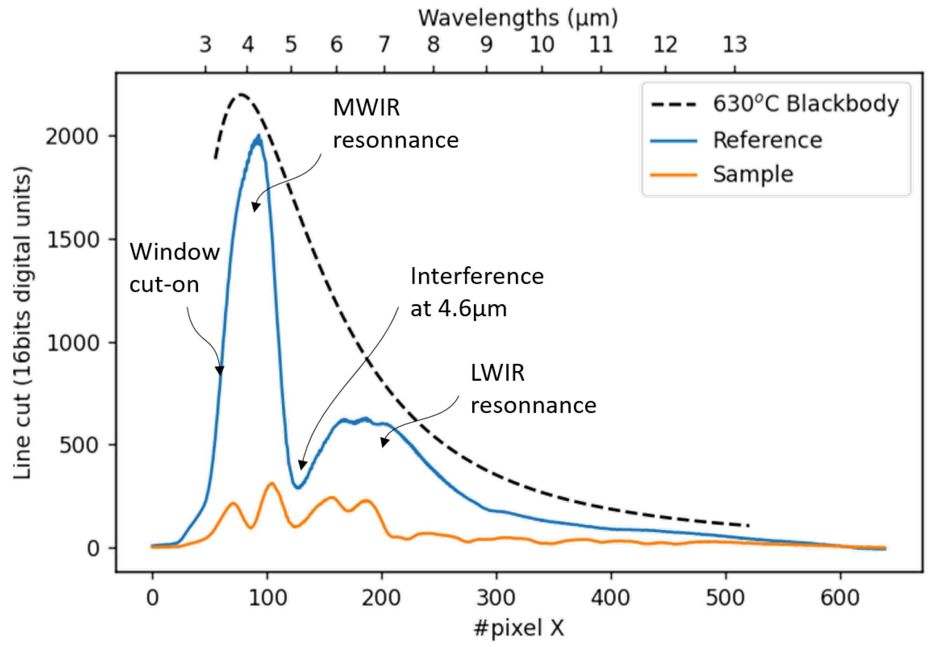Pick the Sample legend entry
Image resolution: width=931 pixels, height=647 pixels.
coord(753,175)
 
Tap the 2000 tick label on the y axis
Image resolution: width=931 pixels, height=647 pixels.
coord(72,137)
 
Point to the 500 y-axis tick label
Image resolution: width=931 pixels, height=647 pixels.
coord(79,446)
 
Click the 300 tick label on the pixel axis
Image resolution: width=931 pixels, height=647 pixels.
coord(496,598)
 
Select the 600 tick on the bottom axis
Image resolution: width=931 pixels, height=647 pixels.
coord(840,598)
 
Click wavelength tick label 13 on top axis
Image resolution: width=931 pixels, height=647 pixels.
coord(734,44)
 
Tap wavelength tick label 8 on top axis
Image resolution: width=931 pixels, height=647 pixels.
coord(433,44)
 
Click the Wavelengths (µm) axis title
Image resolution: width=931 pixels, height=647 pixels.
coord(518,18)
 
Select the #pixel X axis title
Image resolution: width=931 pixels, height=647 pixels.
coord(519,628)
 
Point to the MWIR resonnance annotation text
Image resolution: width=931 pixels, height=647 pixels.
coord(395,124)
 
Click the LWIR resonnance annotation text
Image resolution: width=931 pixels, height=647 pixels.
coord(533,389)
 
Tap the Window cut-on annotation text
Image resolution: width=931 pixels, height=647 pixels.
coord(175,268)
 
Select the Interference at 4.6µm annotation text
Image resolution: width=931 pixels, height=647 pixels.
coord(476,292)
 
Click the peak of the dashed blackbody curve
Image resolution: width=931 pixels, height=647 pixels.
coord(242,95)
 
